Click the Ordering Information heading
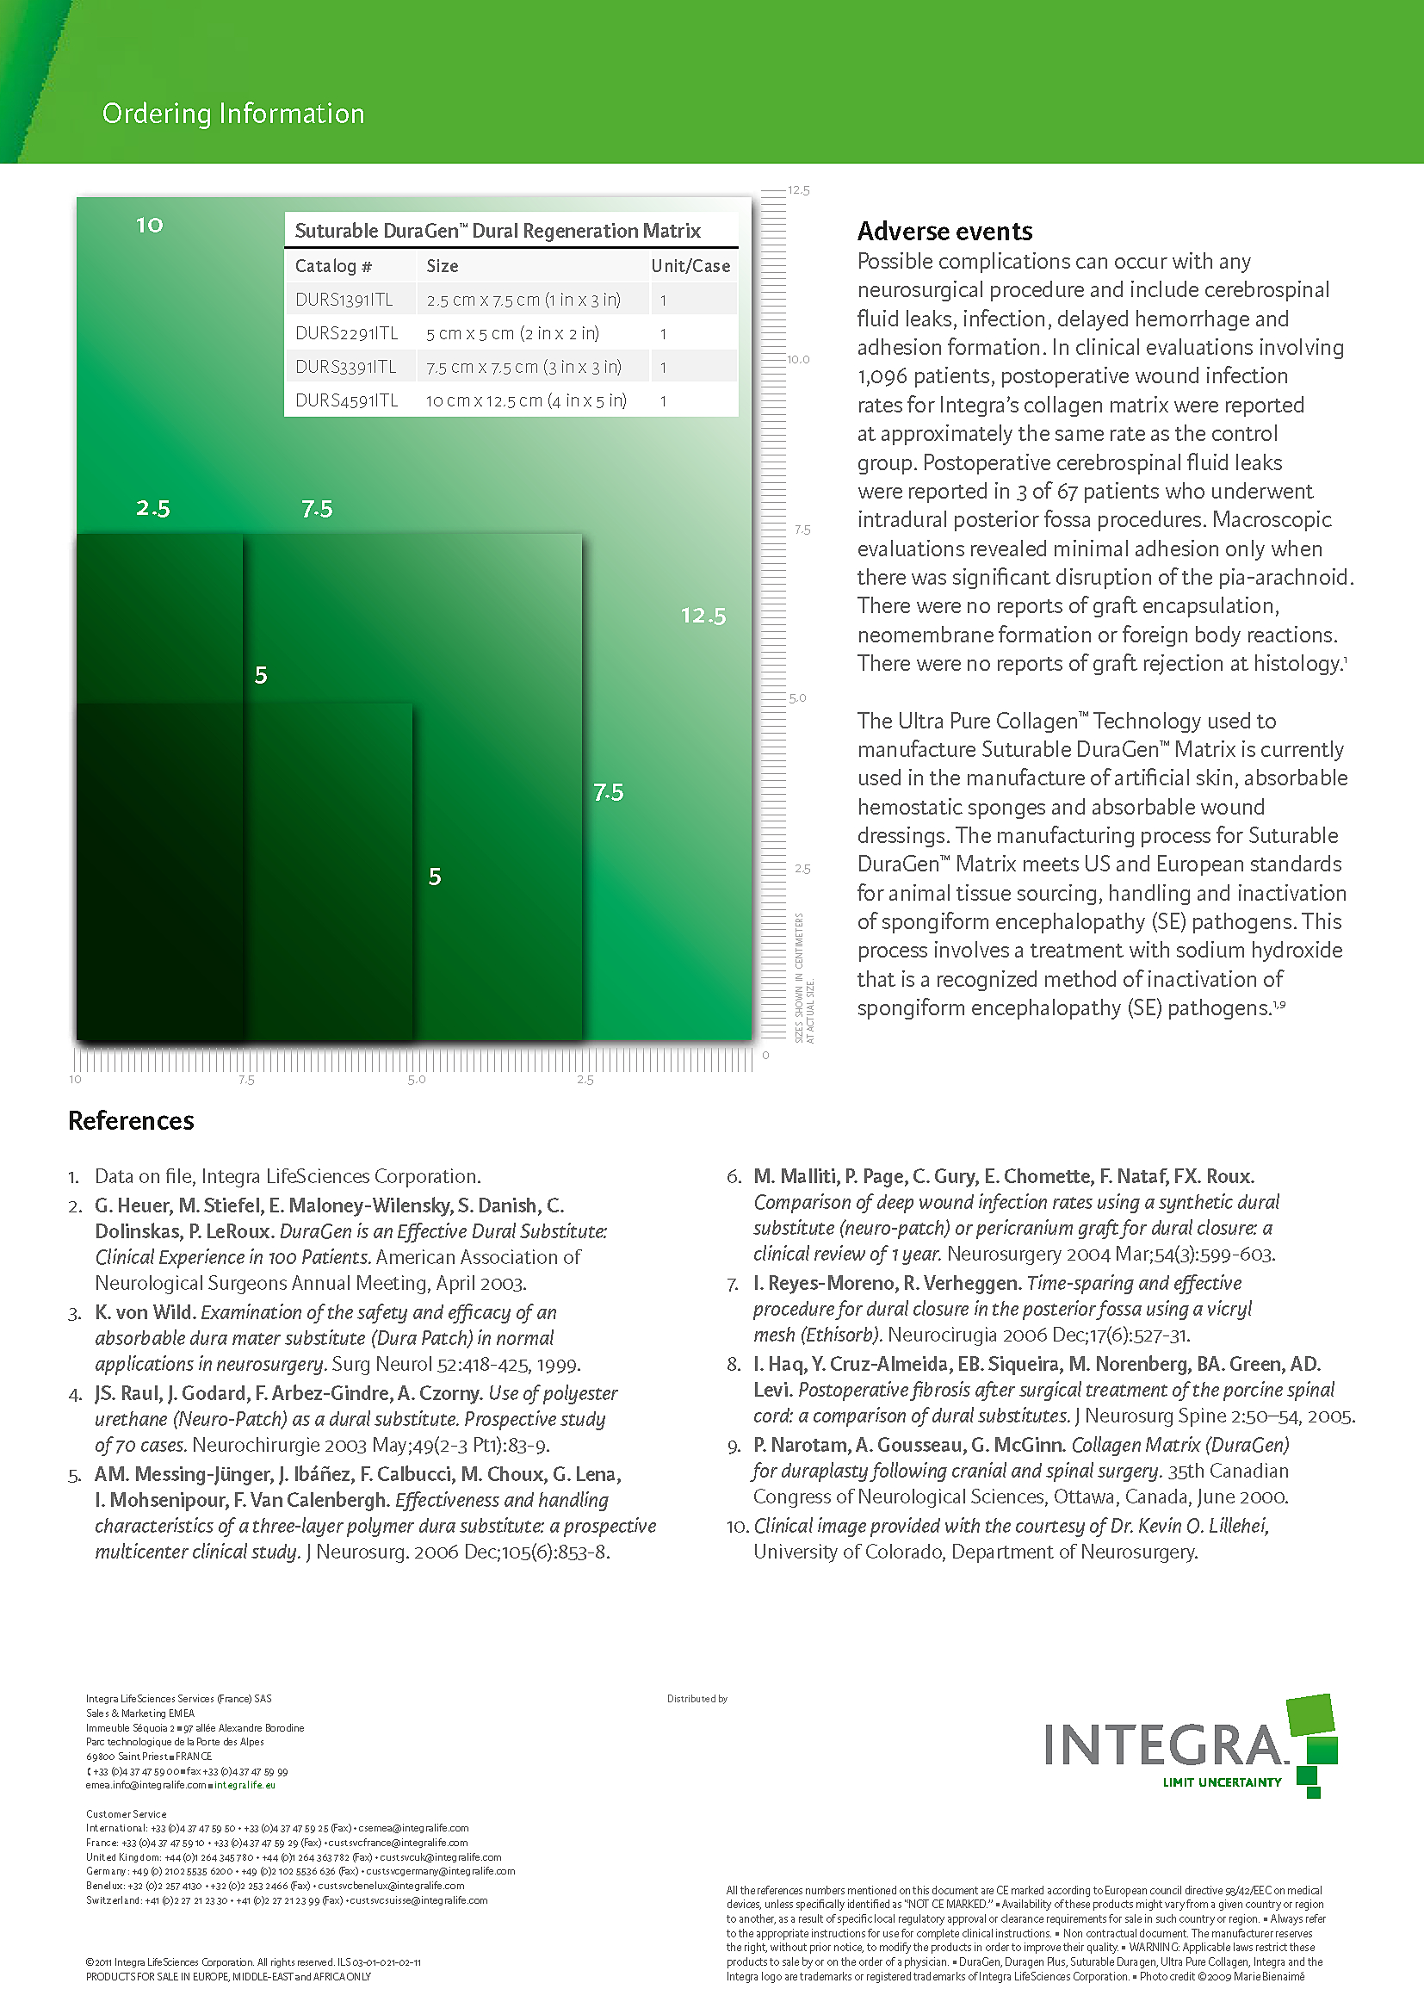tap(233, 114)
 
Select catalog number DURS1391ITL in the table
tap(344, 300)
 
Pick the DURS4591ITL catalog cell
tap(346, 401)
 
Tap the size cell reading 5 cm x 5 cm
tap(512, 334)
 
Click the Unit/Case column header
tap(690, 267)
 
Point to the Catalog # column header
tap(333, 267)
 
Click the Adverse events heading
tap(944, 232)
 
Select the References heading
tap(132, 1121)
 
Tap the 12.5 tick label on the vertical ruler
tap(799, 190)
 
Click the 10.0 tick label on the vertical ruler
tap(798, 360)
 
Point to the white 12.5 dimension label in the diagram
tap(703, 616)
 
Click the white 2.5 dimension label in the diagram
tap(153, 509)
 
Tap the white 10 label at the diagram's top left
tap(150, 226)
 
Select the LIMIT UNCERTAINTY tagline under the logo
tap(1222, 1782)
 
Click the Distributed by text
tap(697, 1699)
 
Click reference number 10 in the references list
tap(737, 1528)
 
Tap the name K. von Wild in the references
tap(144, 1313)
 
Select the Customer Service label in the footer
tap(127, 1814)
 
